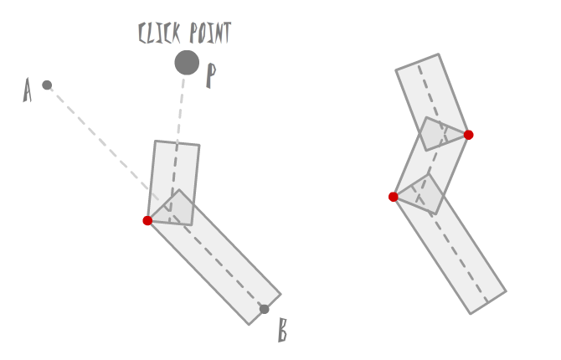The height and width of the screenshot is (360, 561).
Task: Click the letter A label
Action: coord(28,90)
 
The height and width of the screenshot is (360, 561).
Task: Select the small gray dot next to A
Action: coord(47,85)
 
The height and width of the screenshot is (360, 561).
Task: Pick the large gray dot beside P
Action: coord(187,63)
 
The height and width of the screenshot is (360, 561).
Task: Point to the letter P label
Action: coord(211,76)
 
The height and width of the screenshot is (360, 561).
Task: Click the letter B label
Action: coord(282,331)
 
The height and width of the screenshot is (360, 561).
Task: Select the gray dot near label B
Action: coord(265,309)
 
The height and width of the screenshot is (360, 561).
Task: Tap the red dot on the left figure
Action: coord(147,220)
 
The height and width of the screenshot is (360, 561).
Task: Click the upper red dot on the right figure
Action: coord(468,135)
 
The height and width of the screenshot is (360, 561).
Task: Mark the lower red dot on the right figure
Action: coord(394,197)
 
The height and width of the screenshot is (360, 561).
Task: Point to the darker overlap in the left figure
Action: coord(172,208)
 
